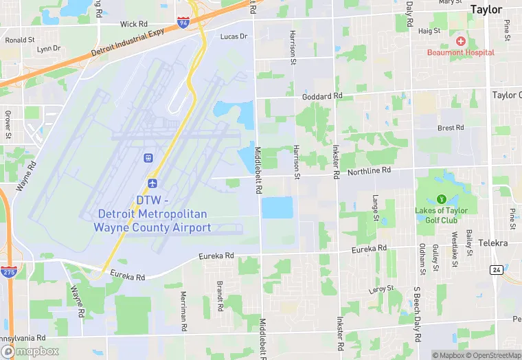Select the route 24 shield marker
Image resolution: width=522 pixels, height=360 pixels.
coord(496,269)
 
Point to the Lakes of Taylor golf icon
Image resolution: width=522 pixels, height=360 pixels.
coord(441,199)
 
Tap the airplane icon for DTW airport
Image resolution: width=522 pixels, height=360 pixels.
coord(152,184)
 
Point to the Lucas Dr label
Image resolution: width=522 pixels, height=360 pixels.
coord(234,36)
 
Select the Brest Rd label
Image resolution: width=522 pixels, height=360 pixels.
coord(451,128)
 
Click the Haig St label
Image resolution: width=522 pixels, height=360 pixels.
coord(429,31)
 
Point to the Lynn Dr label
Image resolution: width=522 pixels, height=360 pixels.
coord(49,49)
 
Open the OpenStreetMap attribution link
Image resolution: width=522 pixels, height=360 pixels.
coord(493,355)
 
